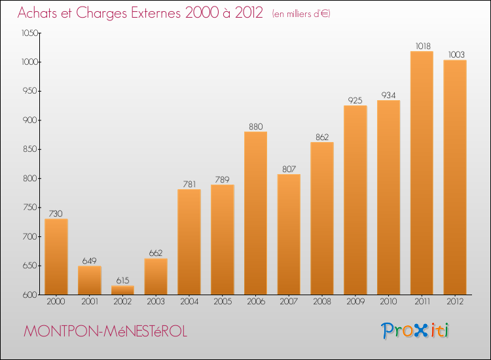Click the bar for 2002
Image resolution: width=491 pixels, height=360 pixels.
click(123, 290)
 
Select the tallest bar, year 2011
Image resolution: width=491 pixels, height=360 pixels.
click(422, 173)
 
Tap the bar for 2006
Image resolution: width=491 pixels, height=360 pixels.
click(255, 213)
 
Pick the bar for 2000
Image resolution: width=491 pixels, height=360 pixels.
click(56, 257)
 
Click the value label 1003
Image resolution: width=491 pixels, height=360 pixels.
click(456, 55)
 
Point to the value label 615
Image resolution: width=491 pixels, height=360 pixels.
click(123, 281)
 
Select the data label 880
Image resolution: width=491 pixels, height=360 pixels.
click(256, 126)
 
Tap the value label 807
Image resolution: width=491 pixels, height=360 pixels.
click(289, 169)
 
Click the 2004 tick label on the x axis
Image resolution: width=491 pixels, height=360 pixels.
click(189, 302)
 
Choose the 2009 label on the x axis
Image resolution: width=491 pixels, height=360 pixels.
click(355, 302)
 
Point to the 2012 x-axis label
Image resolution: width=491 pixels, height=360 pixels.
click(455, 302)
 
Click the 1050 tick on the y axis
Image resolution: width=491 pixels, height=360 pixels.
click(29, 33)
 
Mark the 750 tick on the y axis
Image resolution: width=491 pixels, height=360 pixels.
click(30, 207)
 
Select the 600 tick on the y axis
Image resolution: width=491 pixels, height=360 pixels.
click(30, 295)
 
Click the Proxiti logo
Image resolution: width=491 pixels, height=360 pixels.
click(415, 331)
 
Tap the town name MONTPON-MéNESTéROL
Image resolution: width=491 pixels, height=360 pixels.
click(105, 331)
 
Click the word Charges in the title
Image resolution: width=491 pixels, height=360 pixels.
click(101, 13)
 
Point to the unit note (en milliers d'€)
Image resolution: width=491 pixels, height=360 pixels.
click(301, 14)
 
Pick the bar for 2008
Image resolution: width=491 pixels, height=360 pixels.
click(322, 219)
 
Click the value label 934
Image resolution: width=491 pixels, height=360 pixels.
click(388, 95)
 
